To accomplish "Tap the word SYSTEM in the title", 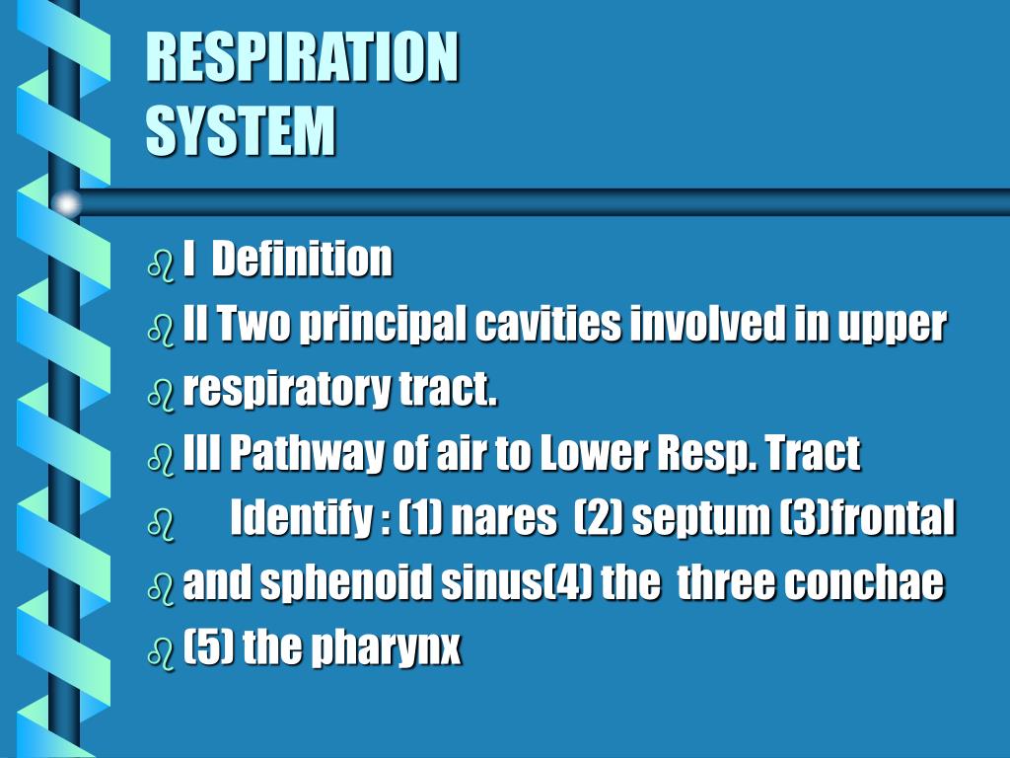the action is pos(241,131).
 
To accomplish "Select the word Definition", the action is pos(302,260).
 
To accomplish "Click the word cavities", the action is pos(548,324).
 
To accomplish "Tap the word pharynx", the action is pos(386,648).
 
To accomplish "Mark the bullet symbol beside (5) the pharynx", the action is pos(161,653).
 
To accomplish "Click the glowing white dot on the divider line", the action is pos(65,203).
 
